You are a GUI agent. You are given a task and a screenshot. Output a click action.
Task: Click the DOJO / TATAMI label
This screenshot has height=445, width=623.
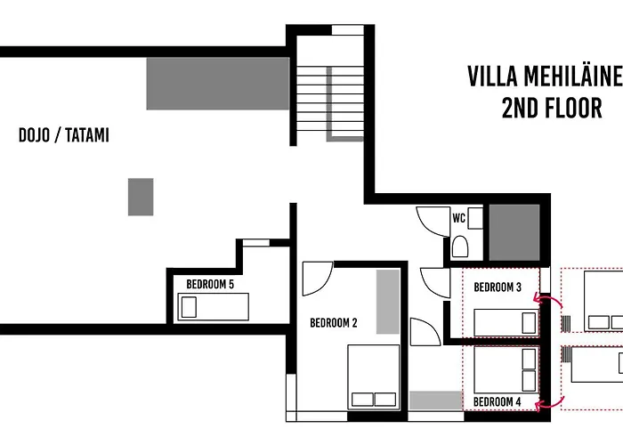pyautogui.click(x=63, y=136)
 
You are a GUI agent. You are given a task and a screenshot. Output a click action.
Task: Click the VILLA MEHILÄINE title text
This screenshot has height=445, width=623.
pyautogui.click(x=544, y=77)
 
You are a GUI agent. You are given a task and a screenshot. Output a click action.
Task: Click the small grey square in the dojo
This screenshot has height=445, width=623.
pyautogui.click(x=140, y=197)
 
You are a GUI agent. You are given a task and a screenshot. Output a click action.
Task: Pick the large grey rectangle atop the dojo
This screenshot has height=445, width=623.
pyautogui.click(x=218, y=84)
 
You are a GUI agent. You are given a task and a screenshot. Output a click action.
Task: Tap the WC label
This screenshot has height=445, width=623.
pyautogui.click(x=459, y=217)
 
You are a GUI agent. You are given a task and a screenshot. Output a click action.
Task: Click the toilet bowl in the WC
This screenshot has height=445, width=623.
pyautogui.click(x=460, y=245)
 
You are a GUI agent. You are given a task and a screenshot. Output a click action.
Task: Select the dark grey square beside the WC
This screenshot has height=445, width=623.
pyautogui.click(x=515, y=232)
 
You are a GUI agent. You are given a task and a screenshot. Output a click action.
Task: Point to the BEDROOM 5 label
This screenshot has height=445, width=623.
pyautogui.click(x=210, y=284)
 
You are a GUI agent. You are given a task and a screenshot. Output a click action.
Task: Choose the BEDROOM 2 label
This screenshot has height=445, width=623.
pyautogui.click(x=333, y=323)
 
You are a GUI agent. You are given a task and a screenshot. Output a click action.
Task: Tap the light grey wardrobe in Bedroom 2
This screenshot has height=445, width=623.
pyautogui.click(x=388, y=302)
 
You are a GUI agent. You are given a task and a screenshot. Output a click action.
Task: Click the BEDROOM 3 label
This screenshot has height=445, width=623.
pyautogui.click(x=498, y=287)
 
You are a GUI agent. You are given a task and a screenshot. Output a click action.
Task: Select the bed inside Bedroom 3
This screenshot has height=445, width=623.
pyautogui.click(x=505, y=321)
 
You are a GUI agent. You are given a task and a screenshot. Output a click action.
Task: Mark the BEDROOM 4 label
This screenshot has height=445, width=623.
pyautogui.click(x=498, y=402)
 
